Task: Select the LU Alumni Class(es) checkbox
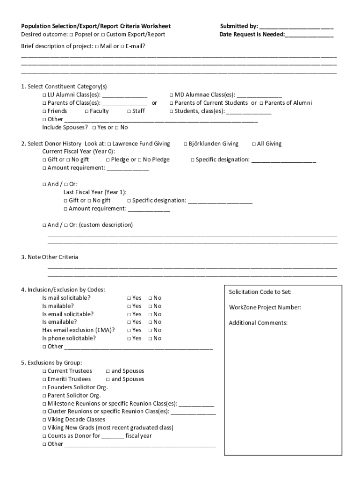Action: click(44, 95)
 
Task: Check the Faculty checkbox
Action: click(86, 111)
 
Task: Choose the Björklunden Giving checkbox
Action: click(185, 144)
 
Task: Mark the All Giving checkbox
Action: click(254, 144)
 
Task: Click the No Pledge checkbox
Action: click(140, 160)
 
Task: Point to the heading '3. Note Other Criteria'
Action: click(50, 257)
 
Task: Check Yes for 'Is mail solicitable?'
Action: click(129, 298)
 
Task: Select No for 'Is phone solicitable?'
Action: click(151, 339)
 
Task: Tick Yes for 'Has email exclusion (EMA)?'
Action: click(129, 331)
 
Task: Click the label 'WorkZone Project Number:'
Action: click(265, 307)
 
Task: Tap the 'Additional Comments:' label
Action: click(258, 323)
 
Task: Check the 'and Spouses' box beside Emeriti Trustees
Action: click(108, 379)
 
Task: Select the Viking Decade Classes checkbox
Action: click(44, 420)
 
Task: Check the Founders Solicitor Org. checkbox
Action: click(44, 387)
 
